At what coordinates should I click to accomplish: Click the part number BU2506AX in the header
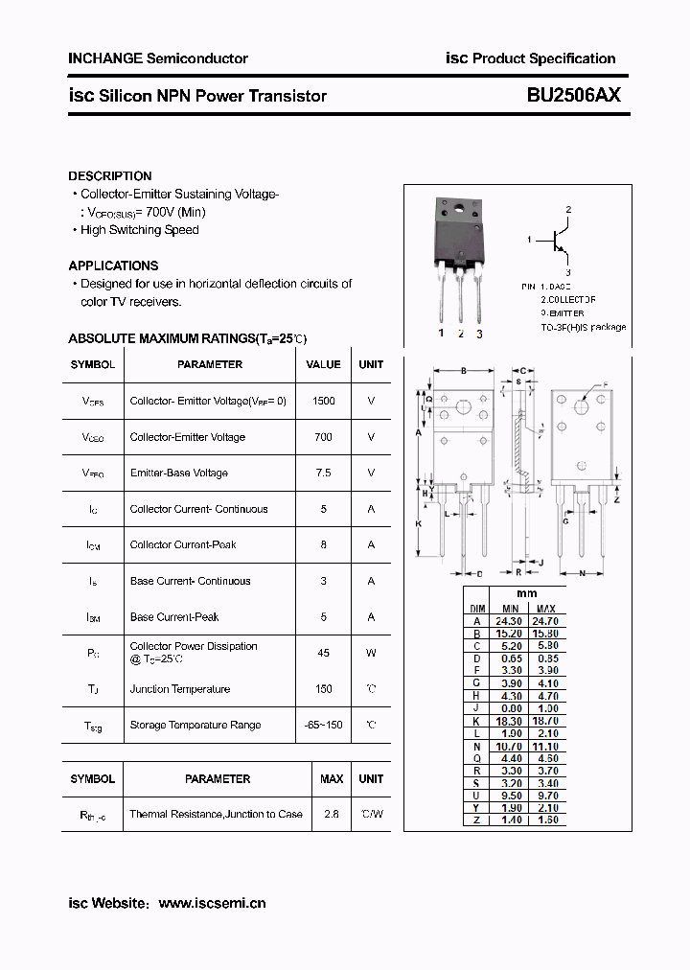573,96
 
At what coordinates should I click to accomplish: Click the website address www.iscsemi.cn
212,903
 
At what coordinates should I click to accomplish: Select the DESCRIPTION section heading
110,176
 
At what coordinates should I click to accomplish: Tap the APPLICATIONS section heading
113,266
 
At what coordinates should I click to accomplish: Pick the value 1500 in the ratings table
324,401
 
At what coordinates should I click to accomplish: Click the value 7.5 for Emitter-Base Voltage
323,473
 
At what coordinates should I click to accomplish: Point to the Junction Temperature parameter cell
180,689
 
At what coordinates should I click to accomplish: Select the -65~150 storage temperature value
323,725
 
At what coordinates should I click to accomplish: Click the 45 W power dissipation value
323,653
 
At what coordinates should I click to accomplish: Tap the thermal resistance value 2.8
332,814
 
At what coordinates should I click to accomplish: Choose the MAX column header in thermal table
332,779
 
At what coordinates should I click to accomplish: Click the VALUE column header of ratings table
323,364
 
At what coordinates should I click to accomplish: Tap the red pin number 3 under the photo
479,334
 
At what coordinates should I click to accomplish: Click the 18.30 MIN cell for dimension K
511,721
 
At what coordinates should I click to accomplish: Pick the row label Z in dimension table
476,820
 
